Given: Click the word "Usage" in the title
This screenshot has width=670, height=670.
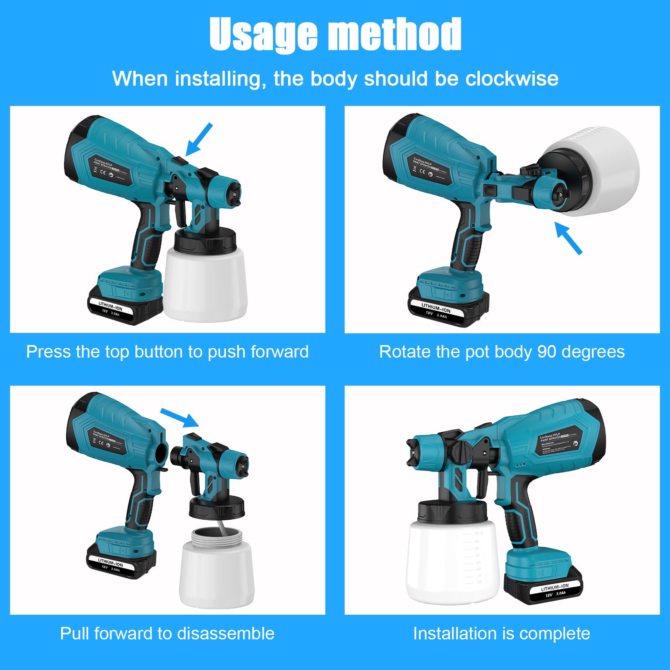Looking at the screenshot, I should coord(263,34).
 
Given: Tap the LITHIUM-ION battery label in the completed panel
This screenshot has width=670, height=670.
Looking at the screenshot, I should coord(555,587).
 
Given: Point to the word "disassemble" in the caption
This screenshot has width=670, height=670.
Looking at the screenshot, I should coord(226,634).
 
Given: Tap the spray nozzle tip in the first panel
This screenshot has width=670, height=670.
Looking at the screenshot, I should coord(234,193).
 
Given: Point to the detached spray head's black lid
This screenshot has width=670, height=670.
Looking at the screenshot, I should coord(216,508).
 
